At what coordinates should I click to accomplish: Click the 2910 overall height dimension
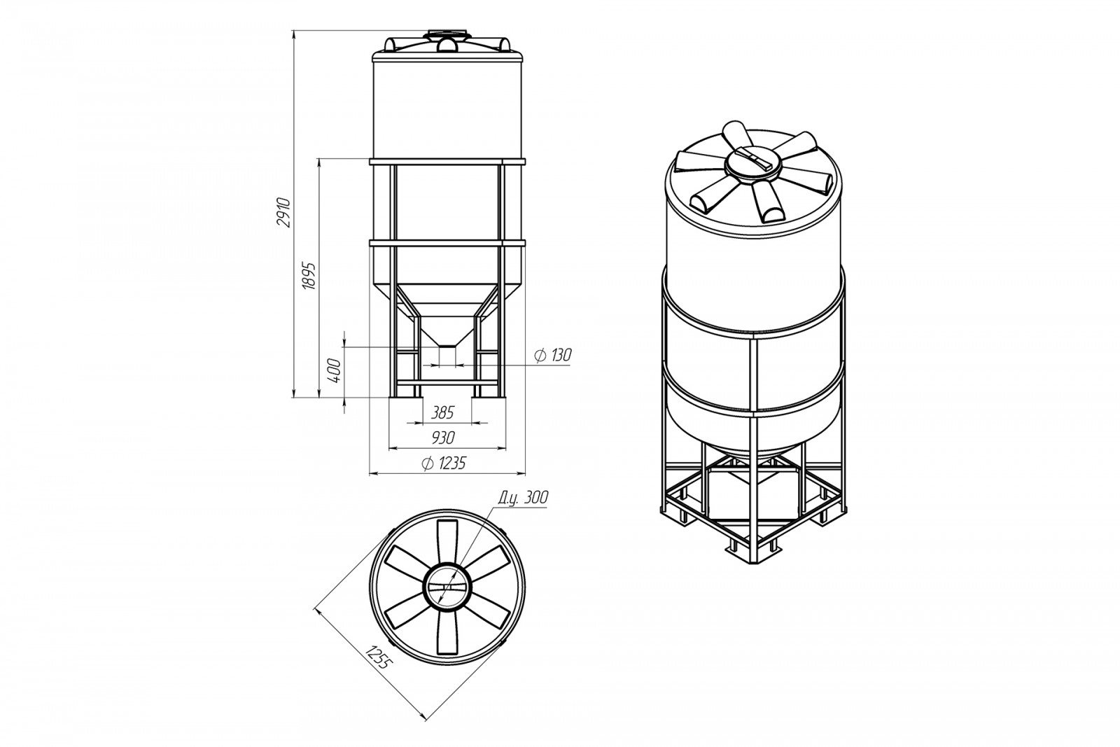[x=283, y=213]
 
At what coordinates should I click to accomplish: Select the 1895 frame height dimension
[x=309, y=276]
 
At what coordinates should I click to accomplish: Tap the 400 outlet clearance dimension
[x=335, y=370]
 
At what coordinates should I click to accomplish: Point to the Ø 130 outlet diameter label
[x=552, y=355]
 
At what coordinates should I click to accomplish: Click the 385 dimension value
[x=442, y=412]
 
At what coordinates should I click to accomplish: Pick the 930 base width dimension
[x=442, y=438]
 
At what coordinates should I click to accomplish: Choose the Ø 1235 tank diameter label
[x=444, y=463]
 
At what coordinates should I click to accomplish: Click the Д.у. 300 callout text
[x=523, y=497]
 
